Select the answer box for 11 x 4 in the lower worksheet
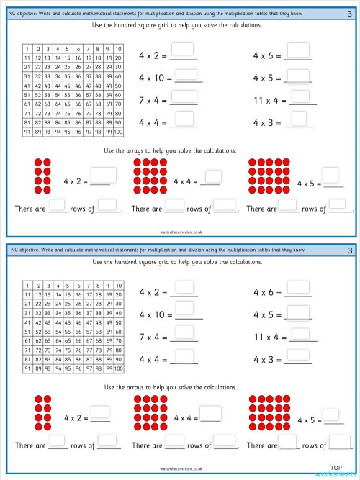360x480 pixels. point(297,333)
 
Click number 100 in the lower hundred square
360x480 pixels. point(118,369)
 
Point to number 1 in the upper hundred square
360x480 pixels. point(27,49)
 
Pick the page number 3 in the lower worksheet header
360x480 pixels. point(350,250)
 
